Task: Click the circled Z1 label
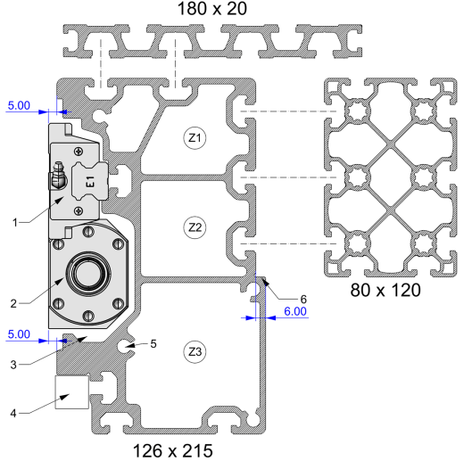pyautogui.click(x=195, y=138)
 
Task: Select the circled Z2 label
pyautogui.click(x=195, y=227)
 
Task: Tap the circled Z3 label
pyautogui.click(x=195, y=352)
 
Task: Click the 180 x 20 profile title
pyautogui.click(x=212, y=8)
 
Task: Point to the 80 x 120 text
pyautogui.click(x=385, y=290)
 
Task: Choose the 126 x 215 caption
pyautogui.click(x=173, y=450)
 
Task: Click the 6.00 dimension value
pyautogui.click(x=295, y=311)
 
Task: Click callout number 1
pyautogui.click(x=15, y=222)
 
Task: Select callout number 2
pyautogui.click(x=13, y=304)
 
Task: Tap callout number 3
pyautogui.click(x=13, y=365)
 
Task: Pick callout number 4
pyautogui.click(x=13, y=413)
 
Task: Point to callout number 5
pyautogui.click(x=153, y=344)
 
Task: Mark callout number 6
pyautogui.click(x=303, y=299)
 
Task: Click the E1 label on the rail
pyautogui.click(x=90, y=181)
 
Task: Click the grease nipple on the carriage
pyautogui.click(x=58, y=177)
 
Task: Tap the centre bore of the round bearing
pyautogui.click(x=88, y=274)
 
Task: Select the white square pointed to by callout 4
pyautogui.click(x=72, y=392)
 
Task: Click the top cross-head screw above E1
pyautogui.click(x=79, y=152)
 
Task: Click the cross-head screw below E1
pyautogui.click(x=79, y=210)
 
